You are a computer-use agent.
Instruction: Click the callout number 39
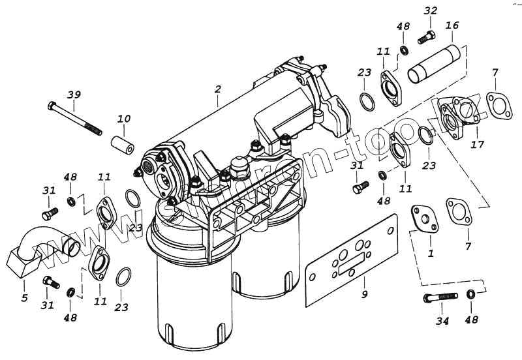click(x=75, y=95)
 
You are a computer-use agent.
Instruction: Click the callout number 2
click(x=218, y=89)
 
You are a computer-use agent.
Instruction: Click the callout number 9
click(x=365, y=294)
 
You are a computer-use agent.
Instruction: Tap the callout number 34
click(x=442, y=321)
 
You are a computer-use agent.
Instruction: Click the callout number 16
click(x=452, y=25)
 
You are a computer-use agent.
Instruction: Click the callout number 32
click(x=431, y=11)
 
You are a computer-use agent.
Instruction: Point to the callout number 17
click(x=478, y=143)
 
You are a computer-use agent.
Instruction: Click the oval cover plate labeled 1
click(x=424, y=217)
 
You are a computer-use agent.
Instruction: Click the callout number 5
click(x=24, y=298)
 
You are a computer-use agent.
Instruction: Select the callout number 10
click(x=123, y=119)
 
